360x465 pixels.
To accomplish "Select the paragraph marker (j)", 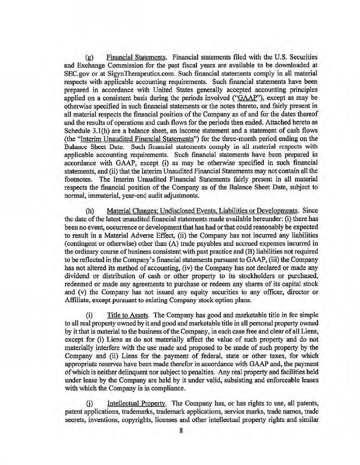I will point(90,406).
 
